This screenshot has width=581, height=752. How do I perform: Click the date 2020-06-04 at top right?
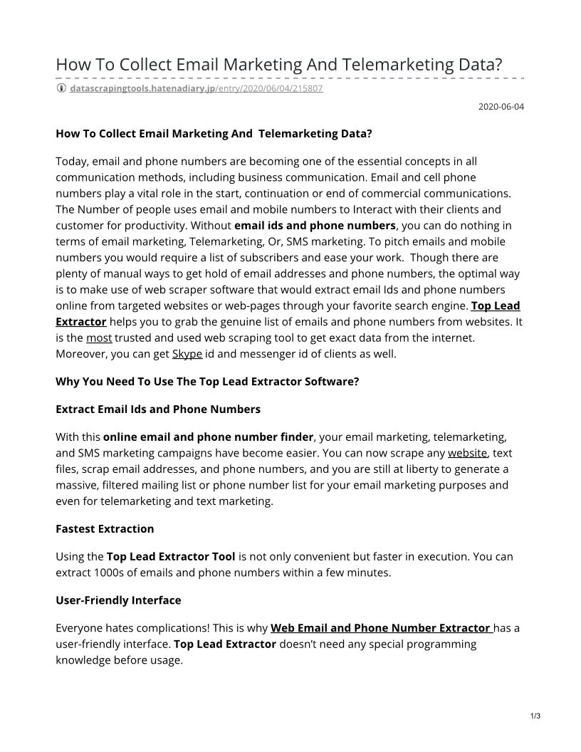click(501, 107)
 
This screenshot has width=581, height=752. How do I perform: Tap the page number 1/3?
click(535, 716)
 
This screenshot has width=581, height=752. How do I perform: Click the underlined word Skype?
click(187, 354)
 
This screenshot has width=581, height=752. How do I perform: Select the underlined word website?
click(467, 453)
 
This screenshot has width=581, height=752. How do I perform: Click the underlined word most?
click(99, 338)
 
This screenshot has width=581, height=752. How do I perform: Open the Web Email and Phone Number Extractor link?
click(381, 628)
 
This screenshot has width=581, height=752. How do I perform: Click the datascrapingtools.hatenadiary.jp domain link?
click(142, 88)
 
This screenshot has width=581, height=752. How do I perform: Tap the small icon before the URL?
click(61, 88)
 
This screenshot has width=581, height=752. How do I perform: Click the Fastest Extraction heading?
click(105, 529)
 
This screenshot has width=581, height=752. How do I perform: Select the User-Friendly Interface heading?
click(118, 600)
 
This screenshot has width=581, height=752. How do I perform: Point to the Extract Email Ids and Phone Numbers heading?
click(158, 409)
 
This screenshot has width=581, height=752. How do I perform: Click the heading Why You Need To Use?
click(207, 382)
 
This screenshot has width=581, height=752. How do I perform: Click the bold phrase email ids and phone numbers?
click(315, 226)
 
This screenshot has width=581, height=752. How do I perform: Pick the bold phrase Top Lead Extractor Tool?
click(171, 556)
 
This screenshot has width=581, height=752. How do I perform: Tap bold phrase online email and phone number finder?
click(208, 437)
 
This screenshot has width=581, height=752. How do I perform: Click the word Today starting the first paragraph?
click(72, 161)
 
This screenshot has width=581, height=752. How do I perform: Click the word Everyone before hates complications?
click(80, 628)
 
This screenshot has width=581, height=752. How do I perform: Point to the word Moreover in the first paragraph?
click(82, 354)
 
